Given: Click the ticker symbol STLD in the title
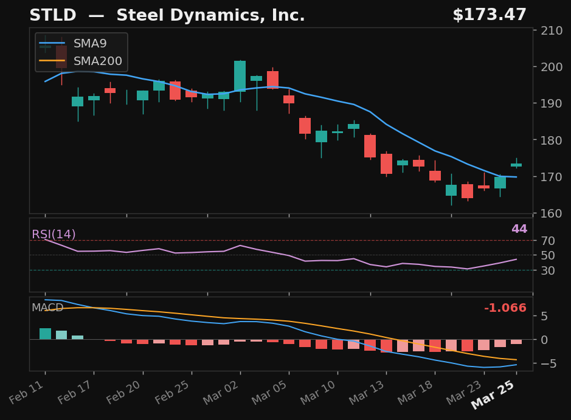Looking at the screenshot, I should coord(53,16).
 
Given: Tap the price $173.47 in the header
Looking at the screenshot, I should coord(489,16).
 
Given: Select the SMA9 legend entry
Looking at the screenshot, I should coord(89,44).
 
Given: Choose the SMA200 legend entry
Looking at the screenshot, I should coord(97,61).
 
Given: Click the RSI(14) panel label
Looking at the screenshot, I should coord(54,235).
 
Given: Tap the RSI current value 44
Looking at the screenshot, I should coord(519,229).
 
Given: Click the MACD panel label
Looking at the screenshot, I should coord(47,308).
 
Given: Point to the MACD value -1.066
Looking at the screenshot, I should coord(505,308).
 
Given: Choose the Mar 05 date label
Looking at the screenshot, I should coord(270,398).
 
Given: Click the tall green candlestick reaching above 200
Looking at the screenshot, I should coord(240,76).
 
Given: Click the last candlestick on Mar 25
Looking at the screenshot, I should coord(516,165).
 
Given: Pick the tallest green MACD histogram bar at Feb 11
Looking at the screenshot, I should coord(45,334).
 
